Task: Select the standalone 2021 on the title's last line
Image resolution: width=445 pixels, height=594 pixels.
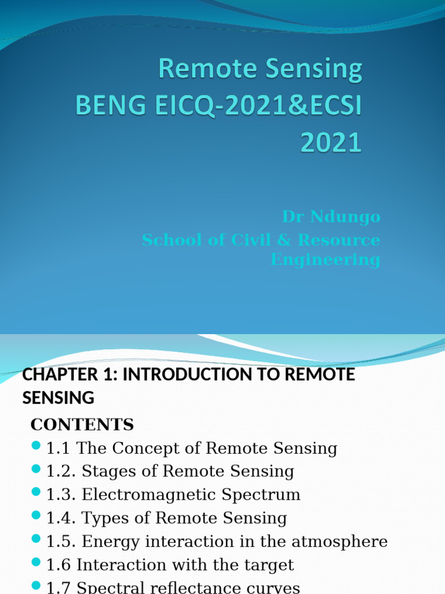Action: [331, 143]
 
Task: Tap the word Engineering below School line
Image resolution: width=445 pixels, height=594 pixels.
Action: [325, 259]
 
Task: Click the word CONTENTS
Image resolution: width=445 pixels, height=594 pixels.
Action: [82, 425]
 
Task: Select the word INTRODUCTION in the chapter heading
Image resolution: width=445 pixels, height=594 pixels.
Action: [195, 375]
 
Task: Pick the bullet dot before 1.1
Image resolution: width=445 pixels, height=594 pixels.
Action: [36, 445]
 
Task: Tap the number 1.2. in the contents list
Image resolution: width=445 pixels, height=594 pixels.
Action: [61, 472]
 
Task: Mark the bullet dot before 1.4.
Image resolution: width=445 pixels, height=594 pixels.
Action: [36, 515]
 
